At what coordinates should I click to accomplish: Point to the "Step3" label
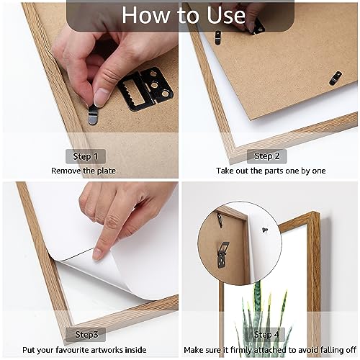[x=86, y=334]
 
